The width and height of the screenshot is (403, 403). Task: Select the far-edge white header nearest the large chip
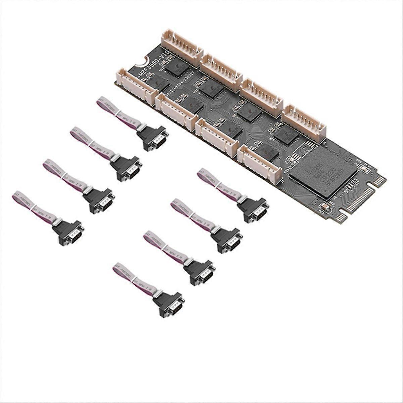click(304, 123)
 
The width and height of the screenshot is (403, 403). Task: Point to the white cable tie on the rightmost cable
click(218, 186)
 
